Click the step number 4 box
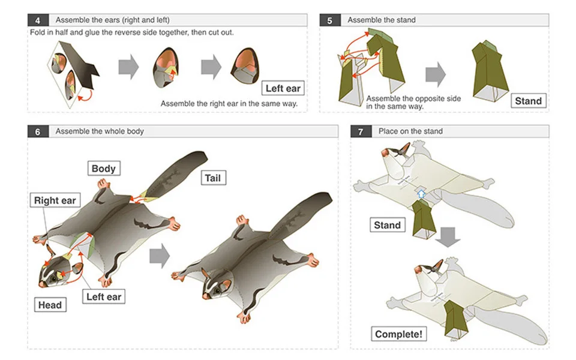[x=38, y=20]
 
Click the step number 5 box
[x=329, y=20]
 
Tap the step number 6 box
[x=38, y=131]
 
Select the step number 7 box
[x=361, y=131]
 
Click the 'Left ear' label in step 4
[x=283, y=89]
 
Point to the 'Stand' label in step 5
[x=528, y=101]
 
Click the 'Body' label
[x=103, y=169]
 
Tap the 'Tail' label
[x=213, y=178]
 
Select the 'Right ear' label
[x=55, y=200]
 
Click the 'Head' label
[x=50, y=305]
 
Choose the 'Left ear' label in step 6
[x=104, y=296]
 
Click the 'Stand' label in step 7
[x=387, y=225]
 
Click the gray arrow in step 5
[x=436, y=74]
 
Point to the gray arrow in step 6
[x=159, y=256]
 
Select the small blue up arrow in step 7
[x=421, y=194]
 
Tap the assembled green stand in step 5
[x=490, y=70]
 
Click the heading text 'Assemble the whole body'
[x=100, y=131]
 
